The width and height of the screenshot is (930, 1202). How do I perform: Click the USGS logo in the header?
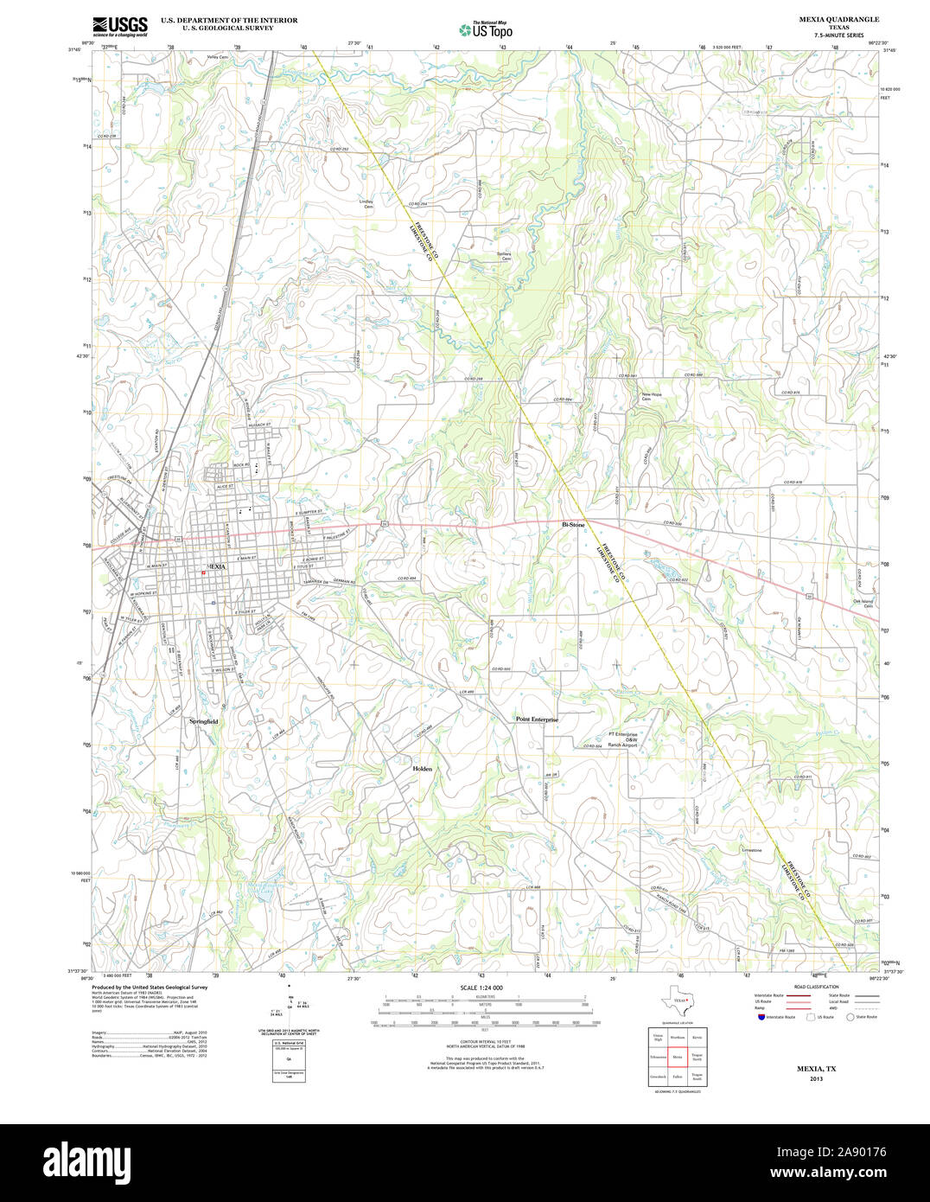(119, 26)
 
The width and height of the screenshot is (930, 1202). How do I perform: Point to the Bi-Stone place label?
(573, 524)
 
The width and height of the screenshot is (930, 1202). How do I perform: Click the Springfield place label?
(204, 720)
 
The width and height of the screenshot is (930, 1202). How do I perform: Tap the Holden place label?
(422, 768)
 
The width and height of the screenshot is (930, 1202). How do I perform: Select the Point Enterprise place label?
(537, 719)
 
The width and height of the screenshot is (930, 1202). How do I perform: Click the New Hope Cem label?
(651, 396)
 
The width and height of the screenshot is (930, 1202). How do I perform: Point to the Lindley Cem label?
(367, 205)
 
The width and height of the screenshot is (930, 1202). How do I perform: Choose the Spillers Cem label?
(504, 256)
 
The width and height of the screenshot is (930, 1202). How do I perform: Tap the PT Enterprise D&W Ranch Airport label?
(622, 739)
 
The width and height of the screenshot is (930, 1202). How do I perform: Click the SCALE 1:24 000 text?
(481, 988)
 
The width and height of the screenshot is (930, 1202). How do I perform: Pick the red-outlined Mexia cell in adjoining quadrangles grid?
(678, 1057)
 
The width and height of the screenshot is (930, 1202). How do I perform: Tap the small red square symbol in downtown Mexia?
(203, 572)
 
